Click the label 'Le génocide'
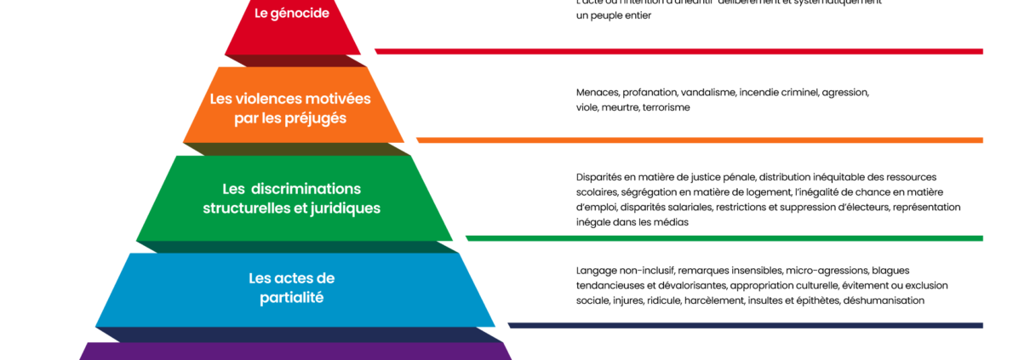tap(292, 14)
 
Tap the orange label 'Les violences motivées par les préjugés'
tap(290, 108)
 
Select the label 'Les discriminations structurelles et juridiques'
tap(292, 198)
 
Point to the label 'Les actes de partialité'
tap(292, 288)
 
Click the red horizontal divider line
tap(678, 51)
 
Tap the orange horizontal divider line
tap(699, 140)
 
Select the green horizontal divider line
tap(724, 238)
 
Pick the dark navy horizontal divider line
tap(745, 325)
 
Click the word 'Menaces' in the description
tap(597, 92)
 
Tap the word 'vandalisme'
tap(707, 92)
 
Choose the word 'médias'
tap(671, 222)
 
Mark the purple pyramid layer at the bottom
tap(295, 351)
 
